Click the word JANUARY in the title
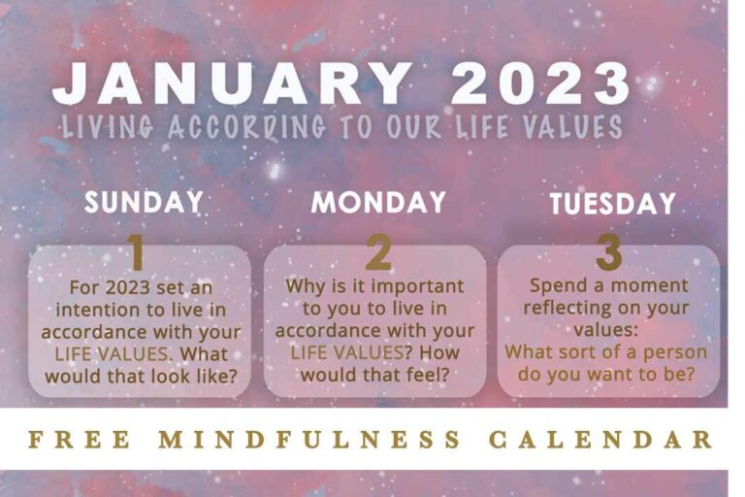(x=231, y=84)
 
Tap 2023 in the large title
(x=540, y=84)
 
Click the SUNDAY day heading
(x=144, y=202)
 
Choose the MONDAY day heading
(x=378, y=202)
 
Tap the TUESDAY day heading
(x=613, y=204)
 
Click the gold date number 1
(x=137, y=253)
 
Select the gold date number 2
(x=378, y=253)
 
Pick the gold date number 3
(x=609, y=253)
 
